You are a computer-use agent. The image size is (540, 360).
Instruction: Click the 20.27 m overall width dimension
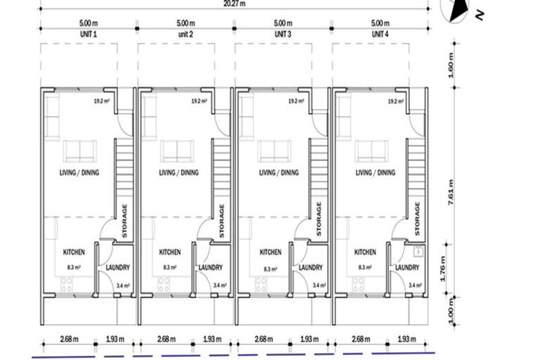(234, 4)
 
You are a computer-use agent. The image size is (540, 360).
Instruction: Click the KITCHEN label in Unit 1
(74, 252)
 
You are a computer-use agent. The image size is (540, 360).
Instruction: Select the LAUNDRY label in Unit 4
(407, 267)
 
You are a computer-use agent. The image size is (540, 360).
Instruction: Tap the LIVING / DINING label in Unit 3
(278, 173)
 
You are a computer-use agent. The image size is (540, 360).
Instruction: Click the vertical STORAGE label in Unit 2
(221, 221)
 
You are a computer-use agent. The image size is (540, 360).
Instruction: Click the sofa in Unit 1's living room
(81, 151)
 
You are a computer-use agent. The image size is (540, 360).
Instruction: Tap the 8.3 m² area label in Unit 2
(169, 267)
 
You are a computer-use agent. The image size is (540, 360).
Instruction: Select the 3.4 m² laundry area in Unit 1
(122, 285)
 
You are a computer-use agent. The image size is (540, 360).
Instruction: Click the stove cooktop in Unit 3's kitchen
(261, 284)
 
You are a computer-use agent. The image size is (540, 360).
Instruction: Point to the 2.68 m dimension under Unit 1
(69, 339)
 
